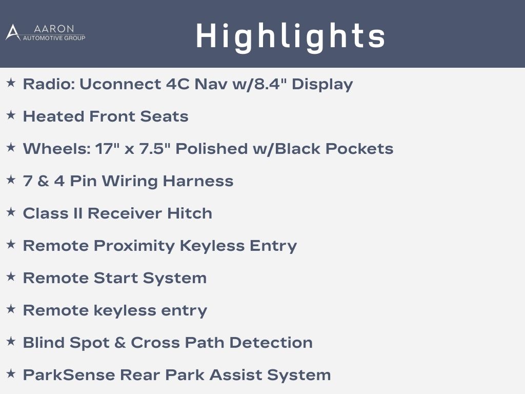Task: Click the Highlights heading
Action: (x=290, y=37)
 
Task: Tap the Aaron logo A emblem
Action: (x=13, y=32)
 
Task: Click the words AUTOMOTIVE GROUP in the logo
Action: (x=54, y=38)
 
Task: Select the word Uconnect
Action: (x=120, y=84)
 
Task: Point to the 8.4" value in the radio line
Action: (x=271, y=84)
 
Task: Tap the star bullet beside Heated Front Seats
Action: (x=11, y=115)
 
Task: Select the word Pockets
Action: (x=359, y=148)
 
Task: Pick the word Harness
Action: (x=198, y=181)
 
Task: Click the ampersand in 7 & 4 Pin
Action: (x=43, y=181)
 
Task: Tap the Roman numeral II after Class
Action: (x=78, y=213)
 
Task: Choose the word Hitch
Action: (x=190, y=213)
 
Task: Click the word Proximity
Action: (x=134, y=246)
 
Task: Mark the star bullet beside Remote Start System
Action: (x=11, y=277)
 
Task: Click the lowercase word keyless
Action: (x=125, y=310)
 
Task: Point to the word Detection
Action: (x=271, y=343)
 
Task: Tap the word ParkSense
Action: (x=69, y=375)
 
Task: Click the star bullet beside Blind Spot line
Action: (x=11, y=341)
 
